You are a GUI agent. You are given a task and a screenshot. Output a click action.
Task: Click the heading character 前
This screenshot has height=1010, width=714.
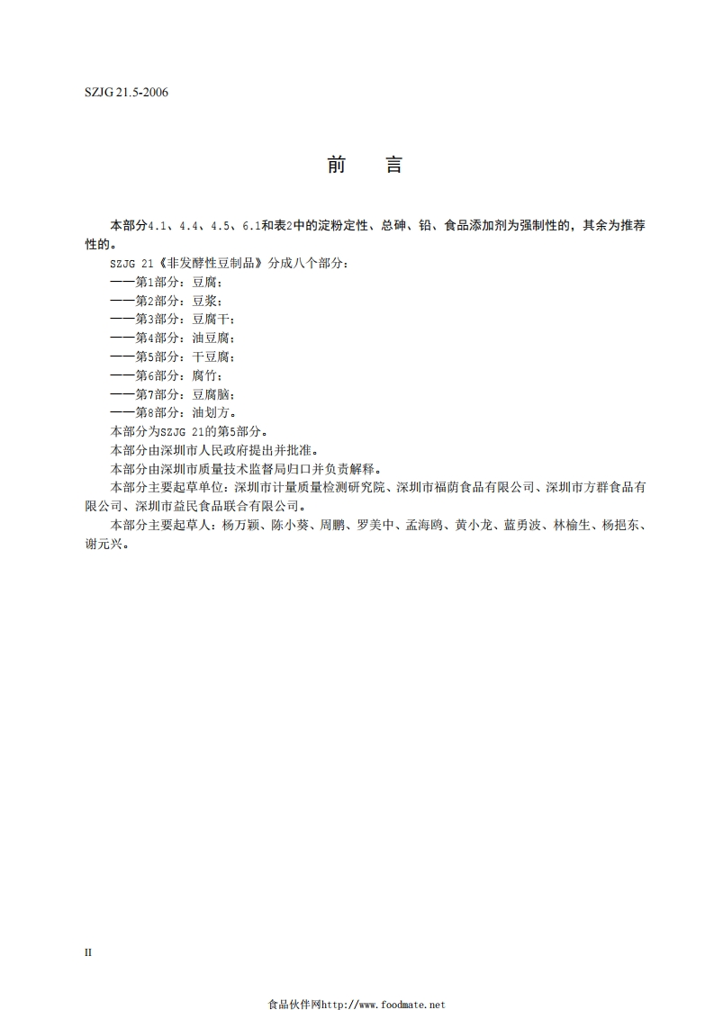point(336,165)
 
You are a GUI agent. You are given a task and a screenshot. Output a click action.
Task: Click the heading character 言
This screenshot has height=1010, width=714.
point(393,165)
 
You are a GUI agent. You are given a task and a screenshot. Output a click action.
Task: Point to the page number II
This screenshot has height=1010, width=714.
point(88,951)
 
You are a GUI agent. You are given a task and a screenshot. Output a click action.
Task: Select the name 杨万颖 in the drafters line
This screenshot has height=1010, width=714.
point(240,526)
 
